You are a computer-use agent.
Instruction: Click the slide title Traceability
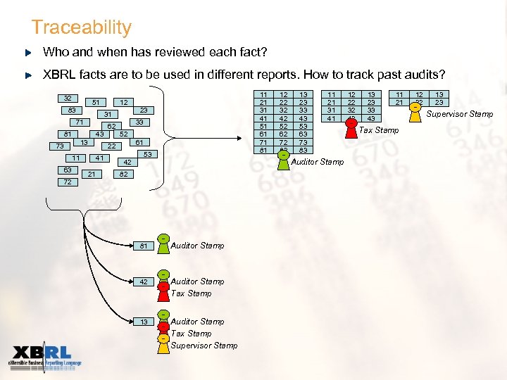point(81,27)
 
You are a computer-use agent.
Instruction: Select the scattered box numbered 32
point(68,99)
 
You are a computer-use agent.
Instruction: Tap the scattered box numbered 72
point(67,182)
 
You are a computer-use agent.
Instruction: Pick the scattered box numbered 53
point(147,154)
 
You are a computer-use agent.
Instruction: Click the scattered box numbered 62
point(111,126)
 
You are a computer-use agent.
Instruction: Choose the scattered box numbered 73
point(61,146)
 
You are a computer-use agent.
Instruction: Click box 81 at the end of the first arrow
point(143,246)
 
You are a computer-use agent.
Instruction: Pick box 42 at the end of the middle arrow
point(143,282)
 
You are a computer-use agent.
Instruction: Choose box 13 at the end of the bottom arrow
point(143,322)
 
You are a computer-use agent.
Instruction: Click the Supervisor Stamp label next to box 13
point(204,346)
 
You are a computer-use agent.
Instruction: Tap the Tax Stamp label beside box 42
point(191,293)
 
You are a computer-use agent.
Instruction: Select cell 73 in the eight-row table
point(303,142)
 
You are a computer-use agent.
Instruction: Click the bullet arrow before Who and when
point(28,53)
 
